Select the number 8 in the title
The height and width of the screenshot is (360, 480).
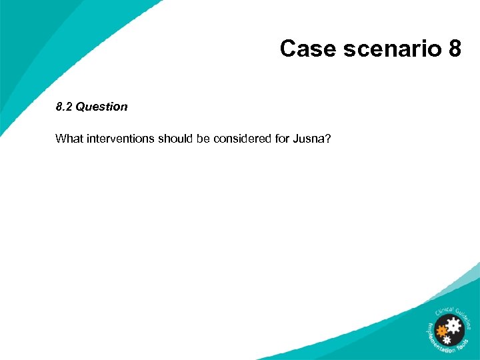(x=454, y=49)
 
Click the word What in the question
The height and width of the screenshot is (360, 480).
(x=69, y=139)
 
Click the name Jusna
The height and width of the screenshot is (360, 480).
(x=308, y=139)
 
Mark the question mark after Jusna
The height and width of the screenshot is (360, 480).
(x=327, y=139)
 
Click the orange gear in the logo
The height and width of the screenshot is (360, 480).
(x=441, y=329)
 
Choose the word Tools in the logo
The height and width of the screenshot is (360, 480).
(x=467, y=342)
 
